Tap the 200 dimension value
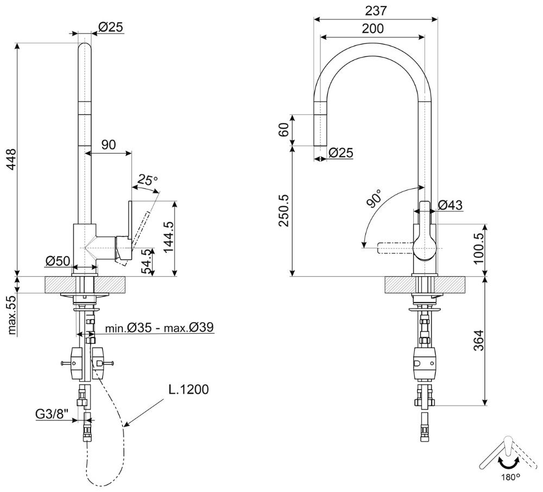tap(372, 28)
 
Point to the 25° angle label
tap(147, 179)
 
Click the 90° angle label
tap(375, 199)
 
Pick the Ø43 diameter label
tap(450, 205)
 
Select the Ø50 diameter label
tap(58, 261)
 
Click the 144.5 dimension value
tap(167, 238)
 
